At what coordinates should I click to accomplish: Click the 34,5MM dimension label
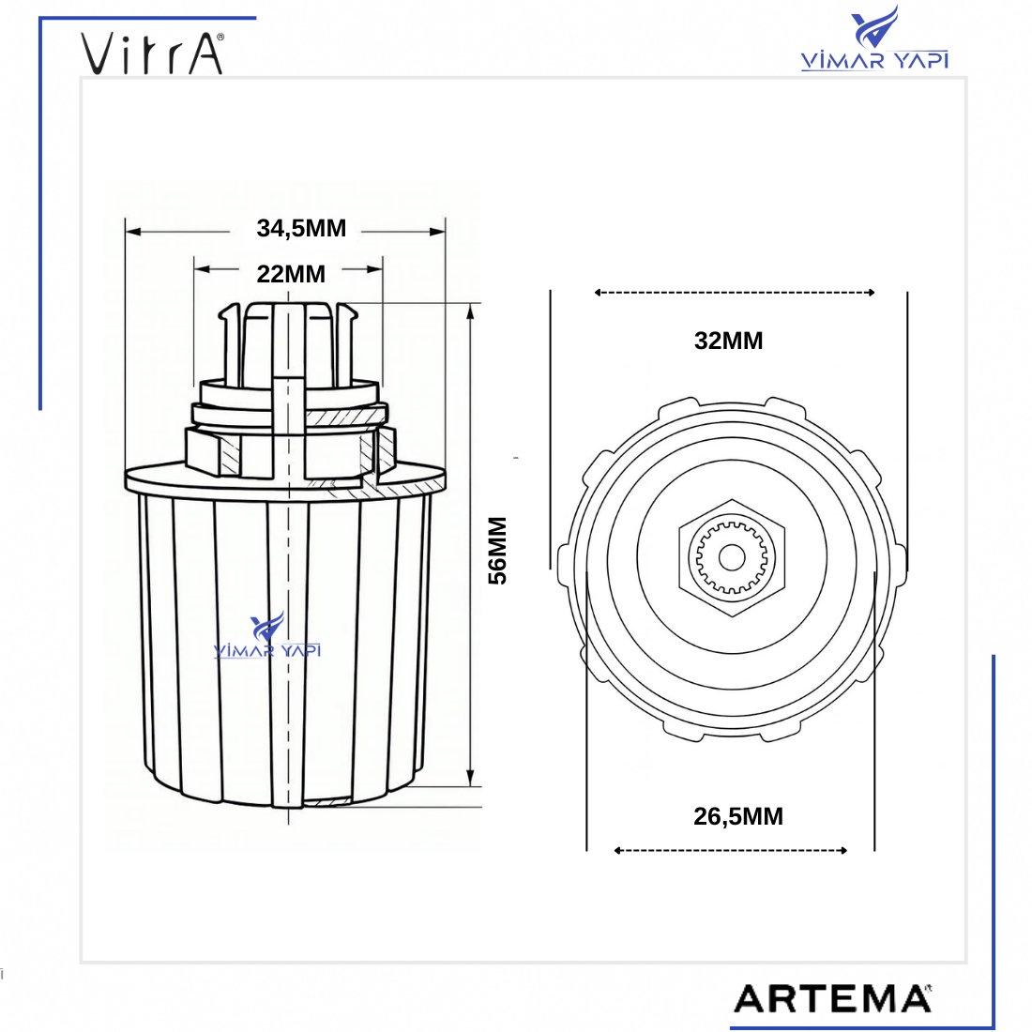click(301, 229)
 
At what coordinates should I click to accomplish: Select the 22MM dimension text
click(291, 274)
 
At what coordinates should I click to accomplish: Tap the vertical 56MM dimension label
click(497, 551)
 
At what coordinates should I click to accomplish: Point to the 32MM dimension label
click(729, 341)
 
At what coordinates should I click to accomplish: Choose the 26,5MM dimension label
click(738, 817)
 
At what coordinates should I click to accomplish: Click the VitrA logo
click(153, 53)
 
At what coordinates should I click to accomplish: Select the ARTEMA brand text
click(832, 998)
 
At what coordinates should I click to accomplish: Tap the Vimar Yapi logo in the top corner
click(874, 38)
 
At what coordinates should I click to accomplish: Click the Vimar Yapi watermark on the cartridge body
click(267, 635)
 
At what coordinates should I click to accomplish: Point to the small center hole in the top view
click(732, 557)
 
